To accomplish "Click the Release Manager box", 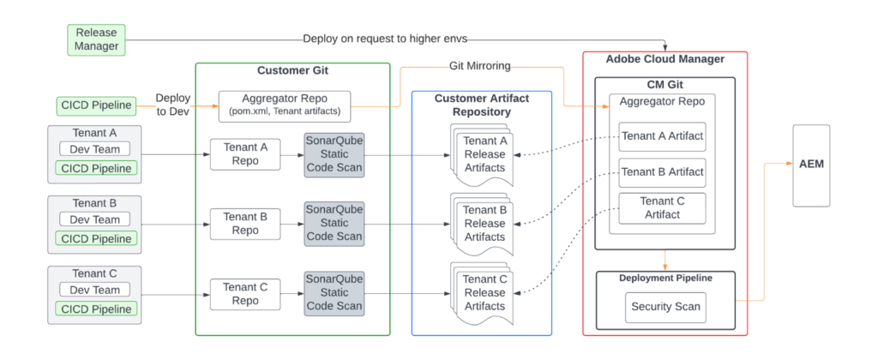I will (96, 39).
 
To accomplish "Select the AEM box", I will (811, 165).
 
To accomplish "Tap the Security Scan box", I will (665, 306).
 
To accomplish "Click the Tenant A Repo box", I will (244, 154).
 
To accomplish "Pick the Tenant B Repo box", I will (244, 224).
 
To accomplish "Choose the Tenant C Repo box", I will (244, 293).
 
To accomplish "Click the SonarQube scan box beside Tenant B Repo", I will (334, 224).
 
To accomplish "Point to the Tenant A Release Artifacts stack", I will (484, 155).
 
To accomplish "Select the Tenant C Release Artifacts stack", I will (484, 294).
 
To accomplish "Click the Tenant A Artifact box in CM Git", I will (662, 136).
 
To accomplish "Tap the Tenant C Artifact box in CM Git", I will (662, 207).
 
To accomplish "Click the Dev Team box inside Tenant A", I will (94, 149).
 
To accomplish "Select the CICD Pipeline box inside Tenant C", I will (94, 309).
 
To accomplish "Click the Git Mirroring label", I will (483, 66).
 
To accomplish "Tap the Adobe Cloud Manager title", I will (665, 60).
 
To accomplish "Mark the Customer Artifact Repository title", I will (482, 105).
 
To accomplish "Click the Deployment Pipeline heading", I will (665, 278).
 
